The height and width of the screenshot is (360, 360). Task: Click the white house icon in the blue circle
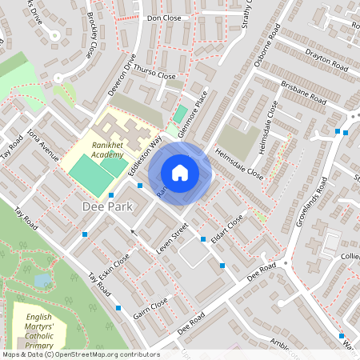180,173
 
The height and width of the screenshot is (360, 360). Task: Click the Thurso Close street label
154,72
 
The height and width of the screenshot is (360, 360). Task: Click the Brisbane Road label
303,92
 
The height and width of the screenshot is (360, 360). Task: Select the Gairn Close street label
150,309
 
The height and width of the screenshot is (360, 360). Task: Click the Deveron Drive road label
122,77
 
